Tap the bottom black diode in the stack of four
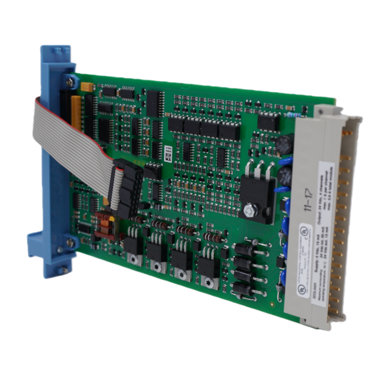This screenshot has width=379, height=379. coord(244,287)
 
